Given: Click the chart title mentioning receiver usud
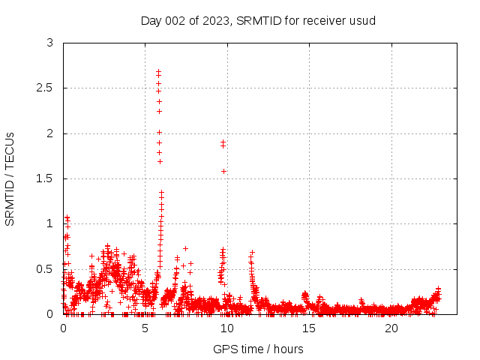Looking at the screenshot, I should coord(258,20).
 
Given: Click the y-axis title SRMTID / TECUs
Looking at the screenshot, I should coord(10,178).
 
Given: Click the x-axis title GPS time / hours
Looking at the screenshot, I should coord(258,349).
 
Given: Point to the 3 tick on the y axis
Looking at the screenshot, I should coord(50,43).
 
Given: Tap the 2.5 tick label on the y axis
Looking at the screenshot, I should coord(46,88).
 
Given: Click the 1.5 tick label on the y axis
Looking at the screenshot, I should coord(46,178).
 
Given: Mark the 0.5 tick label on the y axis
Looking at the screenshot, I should coord(46,268).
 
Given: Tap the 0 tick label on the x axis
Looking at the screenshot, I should coord(63,328).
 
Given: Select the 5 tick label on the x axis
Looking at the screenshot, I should coord(145,328).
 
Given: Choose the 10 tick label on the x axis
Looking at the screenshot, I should coord(227,328).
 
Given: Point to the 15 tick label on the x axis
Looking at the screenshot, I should coord(309,328).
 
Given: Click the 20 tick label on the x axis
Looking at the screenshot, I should coord(391,328).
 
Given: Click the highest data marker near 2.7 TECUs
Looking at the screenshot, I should coord(158,71).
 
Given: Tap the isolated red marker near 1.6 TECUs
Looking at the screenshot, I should coord(224,171).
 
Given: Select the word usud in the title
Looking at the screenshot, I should coord(362,20).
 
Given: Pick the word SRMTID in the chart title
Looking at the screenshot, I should coord(256,20).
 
